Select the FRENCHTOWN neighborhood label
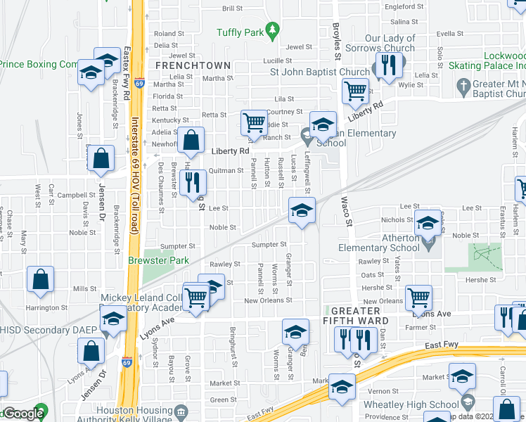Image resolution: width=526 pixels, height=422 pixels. click(x=193, y=65)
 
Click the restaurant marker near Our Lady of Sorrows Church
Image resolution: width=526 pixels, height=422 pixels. click(x=388, y=65)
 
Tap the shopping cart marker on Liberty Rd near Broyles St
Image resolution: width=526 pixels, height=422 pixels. click(x=356, y=90)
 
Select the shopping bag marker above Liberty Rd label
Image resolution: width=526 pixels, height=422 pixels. click(x=191, y=141)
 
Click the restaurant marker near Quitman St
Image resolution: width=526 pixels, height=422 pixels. click(x=193, y=182)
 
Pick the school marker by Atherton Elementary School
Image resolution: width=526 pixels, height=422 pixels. click(x=427, y=223)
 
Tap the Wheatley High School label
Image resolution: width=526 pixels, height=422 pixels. click(x=411, y=404)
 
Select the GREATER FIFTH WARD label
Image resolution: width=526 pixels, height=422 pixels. click(x=359, y=316)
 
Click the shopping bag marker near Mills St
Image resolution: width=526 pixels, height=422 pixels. click(x=41, y=279)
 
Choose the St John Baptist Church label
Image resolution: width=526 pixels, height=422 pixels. click(x=321, y=71)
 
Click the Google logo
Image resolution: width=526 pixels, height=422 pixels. click(x=24, y=414)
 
